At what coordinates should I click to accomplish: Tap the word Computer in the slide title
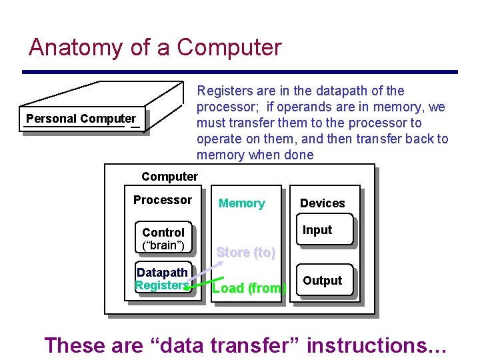click(229, 47)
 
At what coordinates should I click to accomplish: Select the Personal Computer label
click(81, 119)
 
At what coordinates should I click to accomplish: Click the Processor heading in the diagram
click(162, 200)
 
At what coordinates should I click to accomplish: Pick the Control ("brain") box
click(163, 239)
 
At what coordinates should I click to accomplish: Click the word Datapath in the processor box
click(162, 272)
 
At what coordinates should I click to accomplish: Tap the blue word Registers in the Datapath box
click(162, 285)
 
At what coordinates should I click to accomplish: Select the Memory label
click(241, 203)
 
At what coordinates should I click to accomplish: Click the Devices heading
click(323, 203)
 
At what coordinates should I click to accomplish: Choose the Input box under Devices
click(317, 230)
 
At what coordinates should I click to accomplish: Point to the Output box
click(323, 281)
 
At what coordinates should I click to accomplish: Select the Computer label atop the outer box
click(169, 177)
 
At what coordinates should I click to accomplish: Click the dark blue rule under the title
click(240, 71)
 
